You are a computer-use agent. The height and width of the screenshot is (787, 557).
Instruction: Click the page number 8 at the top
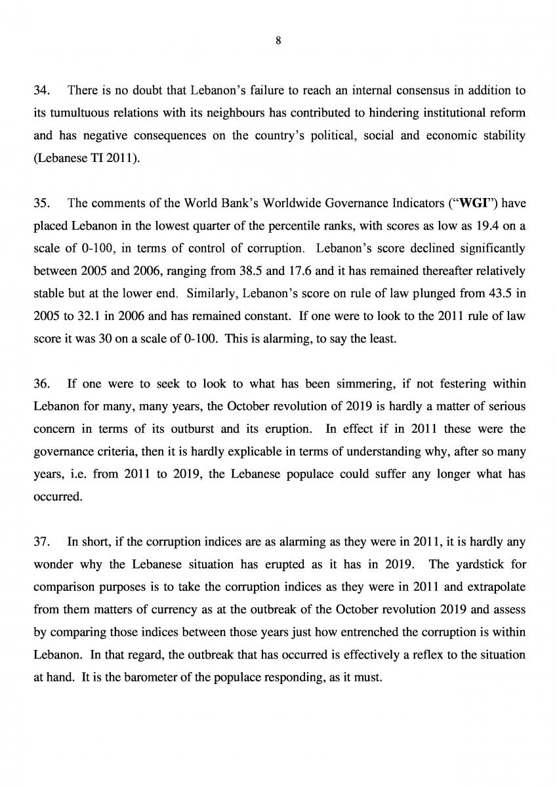coord(278,41)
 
